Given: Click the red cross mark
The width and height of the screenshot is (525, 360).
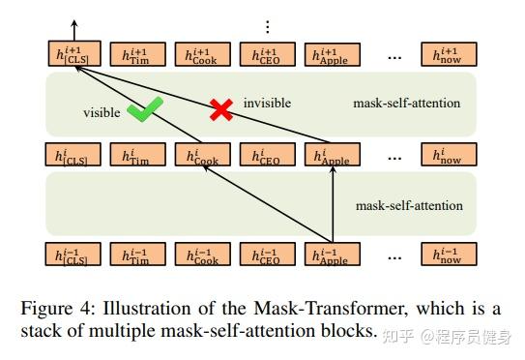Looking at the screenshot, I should point(221,110).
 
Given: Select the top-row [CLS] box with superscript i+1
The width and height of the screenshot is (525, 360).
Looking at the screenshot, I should point(73,55).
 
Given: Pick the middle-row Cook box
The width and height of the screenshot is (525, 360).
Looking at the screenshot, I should point(203,155).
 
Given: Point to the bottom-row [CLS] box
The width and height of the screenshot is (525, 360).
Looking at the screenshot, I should point(73,255).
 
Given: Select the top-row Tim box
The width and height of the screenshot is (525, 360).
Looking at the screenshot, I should point(138,55).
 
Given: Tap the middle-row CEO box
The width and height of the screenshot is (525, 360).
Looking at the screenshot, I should point(268,155).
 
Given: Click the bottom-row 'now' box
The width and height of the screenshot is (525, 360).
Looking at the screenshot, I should point(450,255).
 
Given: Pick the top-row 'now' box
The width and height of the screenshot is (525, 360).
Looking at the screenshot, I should point(450,55).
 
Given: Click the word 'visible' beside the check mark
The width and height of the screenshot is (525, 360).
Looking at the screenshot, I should point(102,112).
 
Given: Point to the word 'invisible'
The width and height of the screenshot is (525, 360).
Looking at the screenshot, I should point(267,103).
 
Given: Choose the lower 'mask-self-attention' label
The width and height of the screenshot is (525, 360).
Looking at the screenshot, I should point(409,205).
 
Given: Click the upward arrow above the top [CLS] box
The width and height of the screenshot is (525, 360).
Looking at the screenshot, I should point(73,29).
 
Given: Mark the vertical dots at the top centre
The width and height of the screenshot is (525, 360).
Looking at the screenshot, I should point(268,25).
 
